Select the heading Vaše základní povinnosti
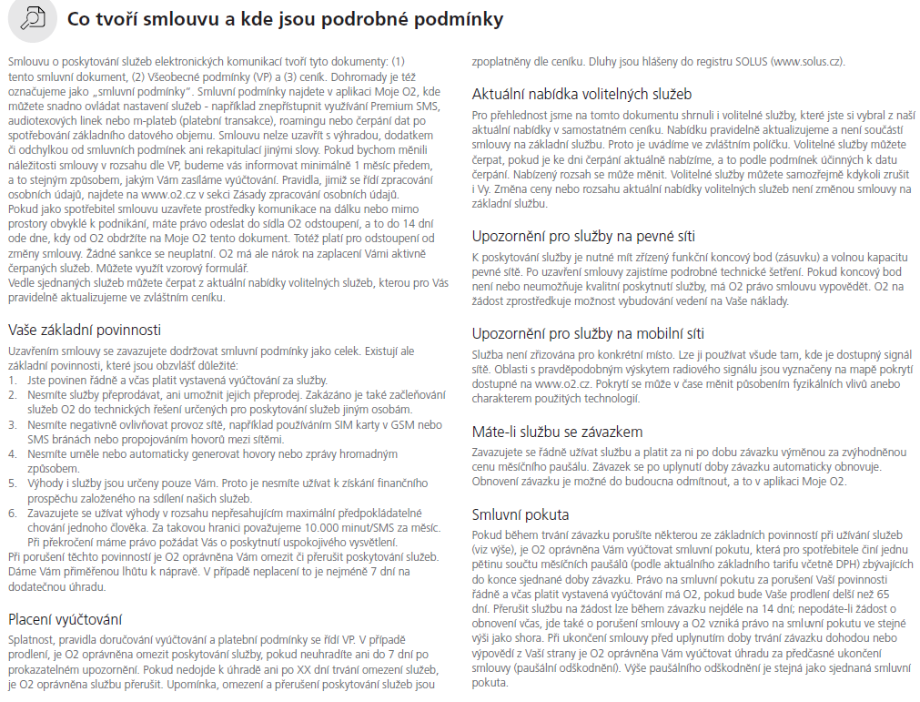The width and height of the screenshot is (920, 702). (84, 329)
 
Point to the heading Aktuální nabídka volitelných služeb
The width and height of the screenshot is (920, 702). (582, 94)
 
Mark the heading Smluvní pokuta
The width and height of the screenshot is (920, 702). (521, 514)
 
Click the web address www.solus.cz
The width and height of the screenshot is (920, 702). (806, 62)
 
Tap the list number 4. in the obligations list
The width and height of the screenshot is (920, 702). (12, 453)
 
